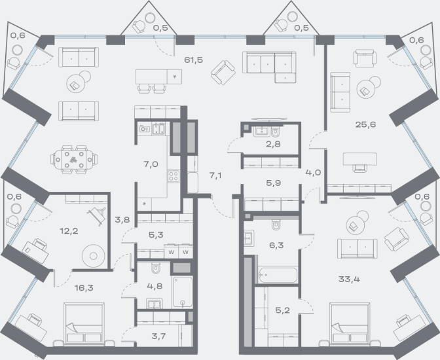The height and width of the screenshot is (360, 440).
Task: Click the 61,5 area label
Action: click(193, 60)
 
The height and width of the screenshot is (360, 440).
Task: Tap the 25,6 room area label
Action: click(365, 124)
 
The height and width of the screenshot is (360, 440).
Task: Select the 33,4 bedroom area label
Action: click(349, 279)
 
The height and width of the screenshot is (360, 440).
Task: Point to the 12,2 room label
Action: click(69, 231)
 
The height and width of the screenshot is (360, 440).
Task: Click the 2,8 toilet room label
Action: click(273, 144)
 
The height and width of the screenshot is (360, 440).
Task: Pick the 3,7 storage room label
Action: click(158, 336)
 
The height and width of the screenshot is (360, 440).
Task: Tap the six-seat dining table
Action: click(74, 160)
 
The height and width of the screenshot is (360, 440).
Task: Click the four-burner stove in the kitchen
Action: click(174, 176)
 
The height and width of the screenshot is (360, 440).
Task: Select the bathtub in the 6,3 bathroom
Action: click(278, 275)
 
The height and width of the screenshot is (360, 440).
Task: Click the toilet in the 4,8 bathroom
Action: click(155, 268)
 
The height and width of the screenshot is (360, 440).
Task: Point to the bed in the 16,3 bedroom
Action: click(84, 323)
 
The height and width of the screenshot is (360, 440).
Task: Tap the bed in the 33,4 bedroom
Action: click(350, 323)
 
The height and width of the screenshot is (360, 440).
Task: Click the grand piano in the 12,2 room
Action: click(98, 215)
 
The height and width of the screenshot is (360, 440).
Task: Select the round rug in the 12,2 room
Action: click(94, 256)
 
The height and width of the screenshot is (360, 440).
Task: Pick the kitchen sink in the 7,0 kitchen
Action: click(158, 129)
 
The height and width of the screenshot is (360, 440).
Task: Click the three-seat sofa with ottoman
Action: click(269, 67)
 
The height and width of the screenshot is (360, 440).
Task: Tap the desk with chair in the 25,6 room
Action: click(359, 162)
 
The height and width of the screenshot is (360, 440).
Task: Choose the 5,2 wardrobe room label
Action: click(282, 310)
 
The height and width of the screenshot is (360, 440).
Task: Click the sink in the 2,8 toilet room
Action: click(262, 131)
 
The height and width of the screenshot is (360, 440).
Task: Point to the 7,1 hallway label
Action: click(215, 175)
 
